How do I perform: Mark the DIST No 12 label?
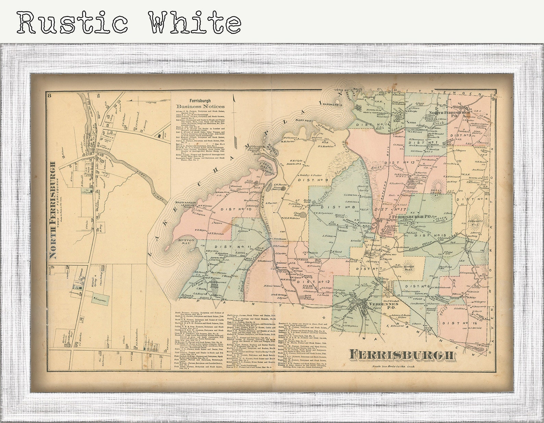tap(310, 282)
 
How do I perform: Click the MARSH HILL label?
tap(410, 269)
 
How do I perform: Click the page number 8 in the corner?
tap(49, 95)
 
